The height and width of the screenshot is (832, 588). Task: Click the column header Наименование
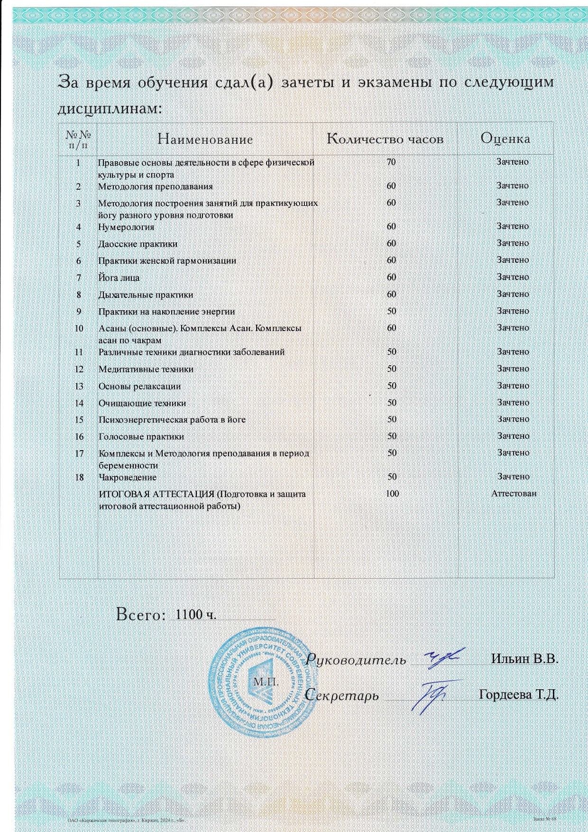click(x=205, y=139)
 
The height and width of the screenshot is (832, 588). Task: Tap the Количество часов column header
click(x=385, y=139)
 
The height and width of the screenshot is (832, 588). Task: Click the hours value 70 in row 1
click(x=391, y=162)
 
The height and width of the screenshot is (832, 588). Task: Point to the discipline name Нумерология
click(x=126, y=227)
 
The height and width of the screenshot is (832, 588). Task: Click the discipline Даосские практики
click(x=138, y=244)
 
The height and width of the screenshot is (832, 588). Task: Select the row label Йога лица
click(x=119, y=278)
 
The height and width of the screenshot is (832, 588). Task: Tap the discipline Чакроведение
click(x=127, y=477)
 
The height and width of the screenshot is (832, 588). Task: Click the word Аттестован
click(x=514, y=493)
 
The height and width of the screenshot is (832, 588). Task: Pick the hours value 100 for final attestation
click(x=392, y=493)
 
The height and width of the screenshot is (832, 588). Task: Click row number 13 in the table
click(x=79, y=386)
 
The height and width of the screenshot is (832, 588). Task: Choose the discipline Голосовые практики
click(x=141, y=437)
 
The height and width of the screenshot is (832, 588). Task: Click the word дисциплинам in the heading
click(x=110, y=109)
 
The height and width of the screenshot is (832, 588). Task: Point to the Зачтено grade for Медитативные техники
click(x=513, y=369)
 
